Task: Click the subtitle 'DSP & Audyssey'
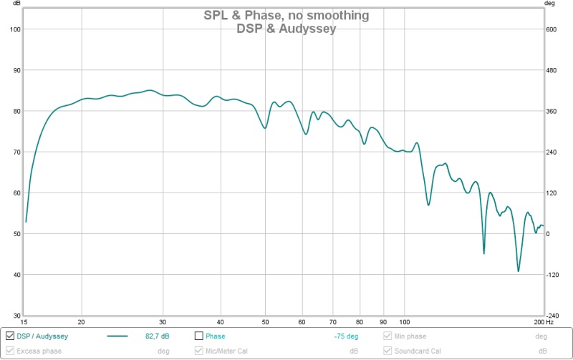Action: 286,29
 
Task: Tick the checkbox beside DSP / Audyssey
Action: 10,336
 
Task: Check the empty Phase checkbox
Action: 199,336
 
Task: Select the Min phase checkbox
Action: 388,336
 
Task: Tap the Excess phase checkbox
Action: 10,351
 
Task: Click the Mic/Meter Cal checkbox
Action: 199,351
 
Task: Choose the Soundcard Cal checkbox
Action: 388,351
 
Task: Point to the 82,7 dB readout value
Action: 157,336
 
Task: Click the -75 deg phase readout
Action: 346,336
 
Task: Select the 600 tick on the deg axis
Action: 551,29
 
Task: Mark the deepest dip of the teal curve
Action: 518,271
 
